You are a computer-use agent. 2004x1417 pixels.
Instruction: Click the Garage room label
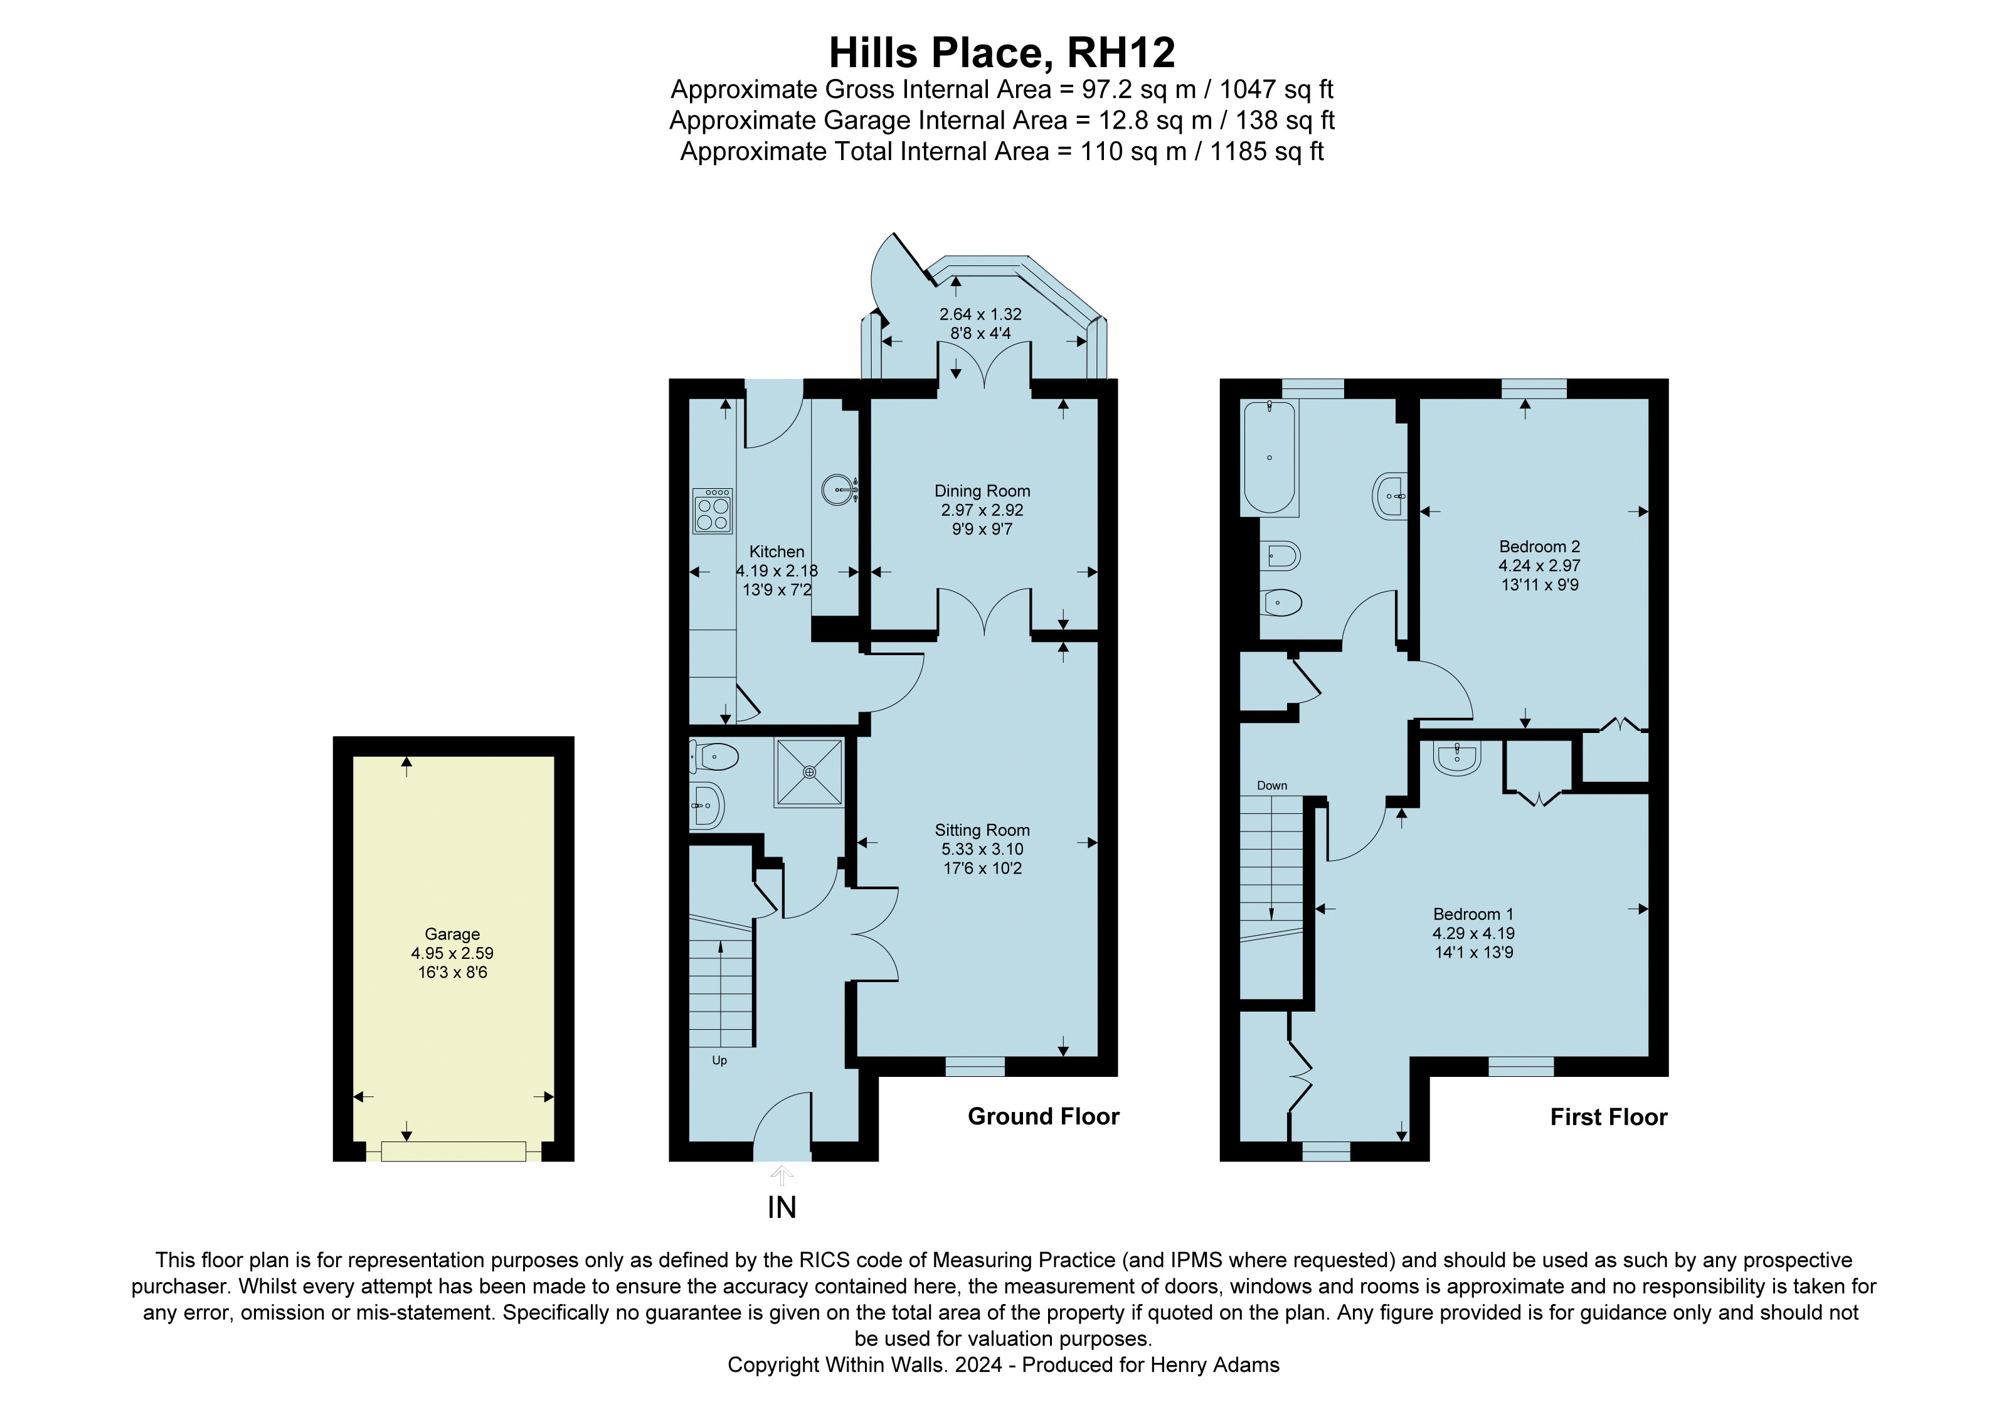click(x=452, y=934)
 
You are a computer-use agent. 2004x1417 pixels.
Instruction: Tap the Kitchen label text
click(x=777, y=552)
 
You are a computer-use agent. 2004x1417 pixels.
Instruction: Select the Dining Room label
click(x=982, y=491)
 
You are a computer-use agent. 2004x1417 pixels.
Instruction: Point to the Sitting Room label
click(x=982, y=830)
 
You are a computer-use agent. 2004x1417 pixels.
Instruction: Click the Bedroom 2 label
click(x=1540, y=547)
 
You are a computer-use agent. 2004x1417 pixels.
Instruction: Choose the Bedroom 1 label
click(x=1473, y=914)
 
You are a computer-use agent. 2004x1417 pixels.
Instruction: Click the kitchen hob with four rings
click(x=713, y=511)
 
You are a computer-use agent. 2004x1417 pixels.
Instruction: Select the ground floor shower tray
click(x=809, y=773)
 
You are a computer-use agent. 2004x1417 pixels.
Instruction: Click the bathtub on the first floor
click(x=1270, y=457)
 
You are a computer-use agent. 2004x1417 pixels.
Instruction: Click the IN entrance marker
click(x=782, y=1207)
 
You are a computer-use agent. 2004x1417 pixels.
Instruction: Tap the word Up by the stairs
click(x=719, y=1061)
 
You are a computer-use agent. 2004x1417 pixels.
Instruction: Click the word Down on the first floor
click(x=1271, y=786)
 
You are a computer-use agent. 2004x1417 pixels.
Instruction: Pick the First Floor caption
click(x=1609, y=1118)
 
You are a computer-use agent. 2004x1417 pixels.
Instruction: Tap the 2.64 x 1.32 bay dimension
click(x=980, y=314)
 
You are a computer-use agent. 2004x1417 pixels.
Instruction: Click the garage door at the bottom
click(x=453, y=1152)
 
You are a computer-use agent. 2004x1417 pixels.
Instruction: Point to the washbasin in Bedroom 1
click(x=1456, y=758)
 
